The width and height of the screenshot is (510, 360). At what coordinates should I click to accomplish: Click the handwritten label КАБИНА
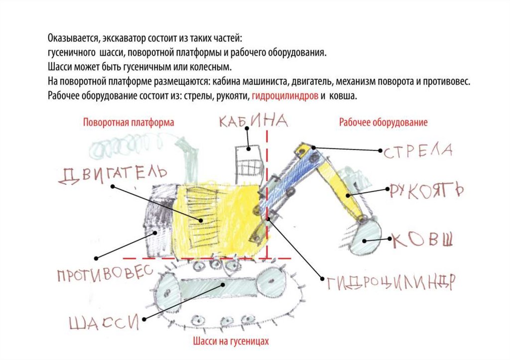pyautogui.click(x=254, y=121)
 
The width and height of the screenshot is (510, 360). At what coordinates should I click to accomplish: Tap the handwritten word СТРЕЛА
pyautogui.click(x=417, y=150)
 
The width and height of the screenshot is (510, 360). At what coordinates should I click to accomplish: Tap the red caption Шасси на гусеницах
pyautogui.click(x=230, y=342)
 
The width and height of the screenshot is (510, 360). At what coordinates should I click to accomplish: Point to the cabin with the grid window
pyautogui.click(x=248, y=162)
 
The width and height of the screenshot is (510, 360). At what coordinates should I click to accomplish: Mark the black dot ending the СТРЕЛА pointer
pyautogui.click(x=313, y=147)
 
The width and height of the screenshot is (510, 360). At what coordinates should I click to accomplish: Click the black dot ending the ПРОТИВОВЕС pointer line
pyautogui.click(x=97, y=258)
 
